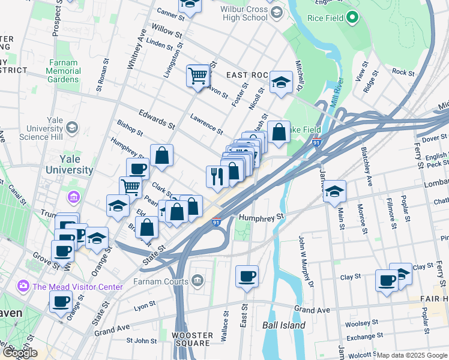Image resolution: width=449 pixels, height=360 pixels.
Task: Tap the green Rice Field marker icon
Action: [353, 19]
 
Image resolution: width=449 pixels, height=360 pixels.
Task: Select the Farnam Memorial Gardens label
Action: [63, 71]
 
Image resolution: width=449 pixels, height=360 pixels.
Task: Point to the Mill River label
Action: [334, 92]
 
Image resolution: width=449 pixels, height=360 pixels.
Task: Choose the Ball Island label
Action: [284, 325]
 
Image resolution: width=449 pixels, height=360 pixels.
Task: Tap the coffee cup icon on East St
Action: [247, 277]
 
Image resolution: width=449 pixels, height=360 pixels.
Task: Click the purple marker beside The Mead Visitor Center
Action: [23, 286]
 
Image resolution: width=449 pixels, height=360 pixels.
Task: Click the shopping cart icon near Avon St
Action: [198, 76]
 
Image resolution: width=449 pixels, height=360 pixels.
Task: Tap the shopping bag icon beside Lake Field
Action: [279, 132]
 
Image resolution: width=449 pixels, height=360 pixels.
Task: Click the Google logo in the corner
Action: [20, 353]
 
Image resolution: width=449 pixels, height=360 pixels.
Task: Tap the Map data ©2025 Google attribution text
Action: [412, 355]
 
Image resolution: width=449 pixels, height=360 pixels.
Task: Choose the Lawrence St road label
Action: [206, 124]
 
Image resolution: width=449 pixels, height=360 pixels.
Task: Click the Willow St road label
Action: [167, 31]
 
